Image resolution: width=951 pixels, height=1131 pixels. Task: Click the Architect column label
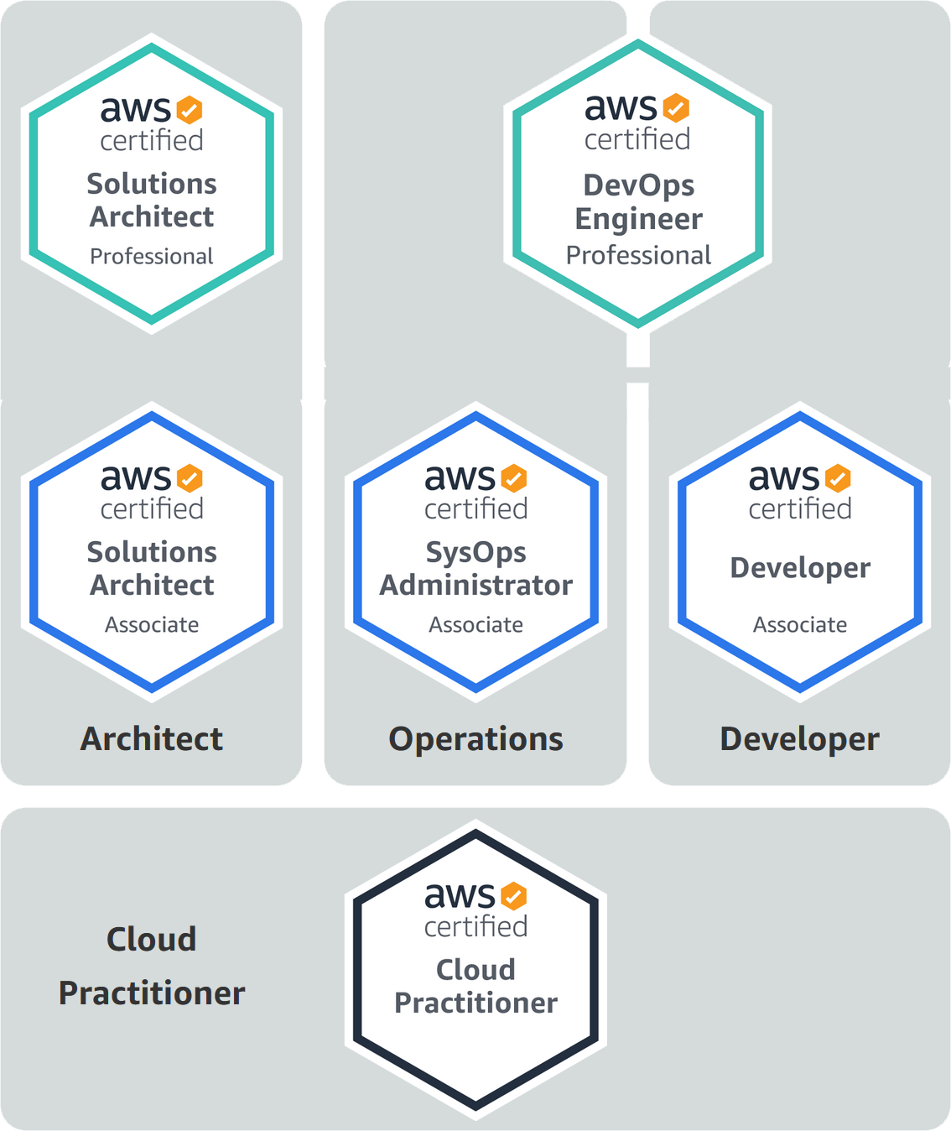(x=152, y=739)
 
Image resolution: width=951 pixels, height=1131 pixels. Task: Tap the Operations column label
(x=476, y=740)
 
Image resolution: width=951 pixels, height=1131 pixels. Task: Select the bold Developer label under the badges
(x=800, y=740)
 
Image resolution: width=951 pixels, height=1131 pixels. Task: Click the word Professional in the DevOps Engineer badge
(x=638, y=256)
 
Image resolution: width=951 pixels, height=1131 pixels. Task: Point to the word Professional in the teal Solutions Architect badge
(x=152, y=256)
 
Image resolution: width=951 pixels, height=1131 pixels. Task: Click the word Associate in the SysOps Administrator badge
(x=476, y=624)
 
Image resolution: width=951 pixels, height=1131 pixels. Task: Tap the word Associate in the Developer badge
(x=800, y=624)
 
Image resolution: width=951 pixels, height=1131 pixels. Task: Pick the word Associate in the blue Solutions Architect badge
(x=152, y=624)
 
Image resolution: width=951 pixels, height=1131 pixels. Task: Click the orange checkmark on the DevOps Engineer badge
(x=676, y=108)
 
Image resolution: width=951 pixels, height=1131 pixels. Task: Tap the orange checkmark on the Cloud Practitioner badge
(x=513, y=896)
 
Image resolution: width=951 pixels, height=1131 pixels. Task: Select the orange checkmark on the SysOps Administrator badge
(x=513, y=478)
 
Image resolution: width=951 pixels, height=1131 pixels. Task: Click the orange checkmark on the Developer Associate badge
(x=838, y=478)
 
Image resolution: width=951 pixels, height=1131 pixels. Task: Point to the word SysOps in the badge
(x=476, y=553)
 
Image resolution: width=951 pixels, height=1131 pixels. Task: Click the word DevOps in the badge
(x=638, y=185)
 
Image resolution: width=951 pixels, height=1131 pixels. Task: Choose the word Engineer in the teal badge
(x=638, y=220)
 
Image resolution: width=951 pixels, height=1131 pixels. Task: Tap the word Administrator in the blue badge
(x=476, y=585)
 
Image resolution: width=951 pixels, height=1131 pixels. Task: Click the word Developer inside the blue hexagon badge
(x=800, y=569)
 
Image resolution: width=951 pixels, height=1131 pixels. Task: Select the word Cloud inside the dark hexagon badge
(x=476, y=970)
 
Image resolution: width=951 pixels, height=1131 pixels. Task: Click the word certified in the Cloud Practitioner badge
(x=476, y=926)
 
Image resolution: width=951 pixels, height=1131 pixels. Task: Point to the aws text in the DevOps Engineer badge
(x=621, y=107)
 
